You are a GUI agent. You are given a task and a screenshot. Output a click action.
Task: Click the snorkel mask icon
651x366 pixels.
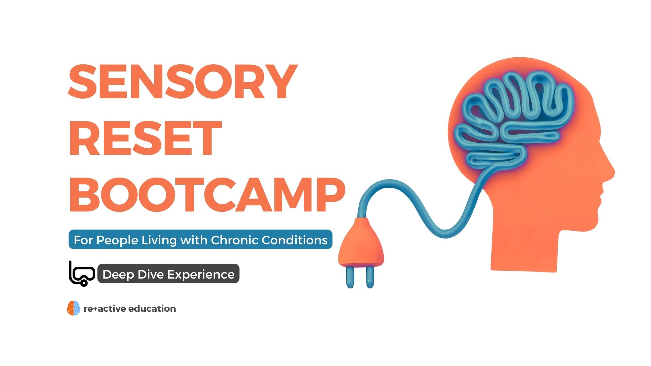tap(82, 273)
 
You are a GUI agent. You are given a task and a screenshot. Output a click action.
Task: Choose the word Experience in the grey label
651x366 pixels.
tap(200, 275)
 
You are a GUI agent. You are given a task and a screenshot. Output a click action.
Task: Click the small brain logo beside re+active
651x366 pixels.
tap(74, 308)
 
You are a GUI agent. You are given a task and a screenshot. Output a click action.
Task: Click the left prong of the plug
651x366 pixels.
tap(350, 277)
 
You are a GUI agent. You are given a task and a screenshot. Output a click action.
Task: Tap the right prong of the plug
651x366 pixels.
tap(370, 277)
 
